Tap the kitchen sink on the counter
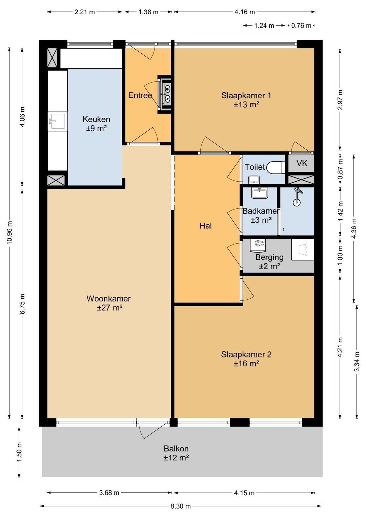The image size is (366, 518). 58,121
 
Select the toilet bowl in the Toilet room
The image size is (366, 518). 276,167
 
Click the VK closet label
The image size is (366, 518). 302,163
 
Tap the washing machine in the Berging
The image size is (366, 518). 258,245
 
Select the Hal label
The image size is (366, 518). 206,226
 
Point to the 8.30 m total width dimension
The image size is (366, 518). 181,506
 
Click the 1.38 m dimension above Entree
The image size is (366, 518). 148,12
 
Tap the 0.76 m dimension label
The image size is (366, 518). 301,25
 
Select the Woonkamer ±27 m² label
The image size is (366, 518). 108,303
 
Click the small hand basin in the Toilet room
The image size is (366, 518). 254,180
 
